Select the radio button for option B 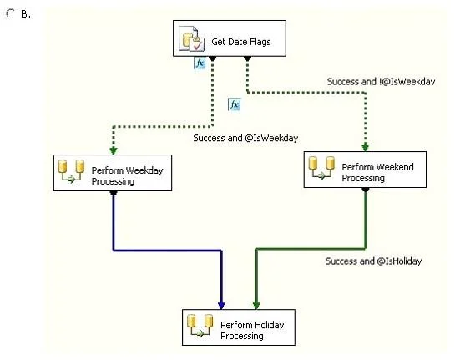click(x=11, y=13)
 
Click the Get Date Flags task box click(x=230, y=38)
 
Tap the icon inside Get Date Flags click(x=191, y=38)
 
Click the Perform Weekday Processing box click(x=113, y=173)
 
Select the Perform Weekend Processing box click(x=365, y=170)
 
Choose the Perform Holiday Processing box click(x=239, y=327)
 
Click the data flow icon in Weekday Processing click(x=72, y=171)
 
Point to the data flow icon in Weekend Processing click(x=321, y=168)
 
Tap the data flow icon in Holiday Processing click(x=200, y=326)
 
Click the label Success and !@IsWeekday click(x=381, y=82)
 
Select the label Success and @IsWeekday click(x=245, y=138)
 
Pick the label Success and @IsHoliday click(x=373, y=261)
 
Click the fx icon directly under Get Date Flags click(x=200, y=63)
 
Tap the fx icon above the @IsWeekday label click(x=234, y=104)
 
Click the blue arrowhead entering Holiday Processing click(x=221, y=305)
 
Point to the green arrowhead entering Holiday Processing click(x=256, y=305)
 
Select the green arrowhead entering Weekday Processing click(x=114, y=150)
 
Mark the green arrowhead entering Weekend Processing click(x=366, y=147)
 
